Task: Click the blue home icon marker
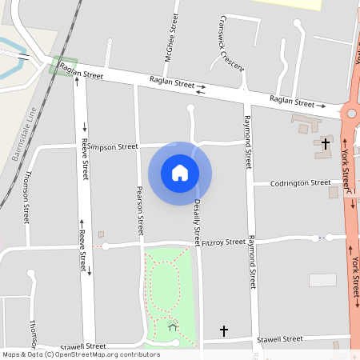(x=180, y=172)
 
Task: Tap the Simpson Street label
(x=113, y=147)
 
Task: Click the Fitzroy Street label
(x=223, y=242)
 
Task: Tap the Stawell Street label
(x=280, y=339)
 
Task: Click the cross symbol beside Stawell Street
(x=224, y=330)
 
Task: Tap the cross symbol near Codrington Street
(x=325, y=144)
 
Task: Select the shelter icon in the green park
(x=173, y=325)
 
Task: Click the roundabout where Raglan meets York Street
(x=350, y=114)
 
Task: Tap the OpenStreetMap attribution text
(x=81, y=354)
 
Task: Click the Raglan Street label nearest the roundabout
(x=292, y=101)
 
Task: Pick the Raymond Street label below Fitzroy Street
(x=252, y=262)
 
